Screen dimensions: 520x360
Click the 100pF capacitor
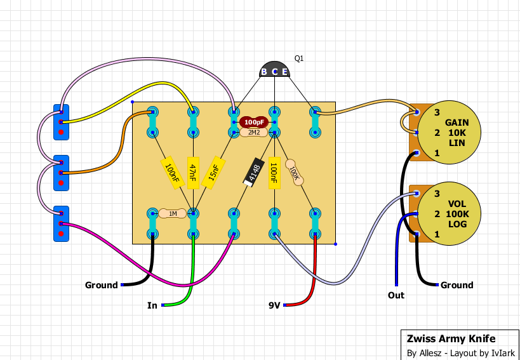pyautogui.click(x=254, y=123)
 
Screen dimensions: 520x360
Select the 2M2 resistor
pyautogui.click(x=254, y=133)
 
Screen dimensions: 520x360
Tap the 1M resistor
pyautogui.click(x=173, y=213)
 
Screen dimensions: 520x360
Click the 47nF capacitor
pyautogui.click(x=193, y=172)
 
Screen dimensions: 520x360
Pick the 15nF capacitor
pyautogui.click(x=213, y=173)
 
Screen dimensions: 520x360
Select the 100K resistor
pyautogui.click(x=294, y=172)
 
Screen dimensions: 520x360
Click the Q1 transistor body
pyautogui.click(x=274, y=69)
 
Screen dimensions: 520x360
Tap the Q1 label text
pyautogui.click(x=299, y=58)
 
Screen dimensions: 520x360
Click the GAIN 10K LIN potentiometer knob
pyautogui.click(x=449, y=133)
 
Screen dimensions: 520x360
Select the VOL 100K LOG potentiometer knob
pyautogui.click(x=449, y=214)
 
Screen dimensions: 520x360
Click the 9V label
pyautogui.click(x=274, y=305)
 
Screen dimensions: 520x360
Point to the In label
pyautogui.click(x=152, y=305)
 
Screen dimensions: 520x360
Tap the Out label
pyautogui.click(x=396, y=295)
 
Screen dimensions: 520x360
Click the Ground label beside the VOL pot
pyautogui.click(x=457, y=285)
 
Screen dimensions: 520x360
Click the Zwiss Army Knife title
pyautogui.click(x=451, y=338)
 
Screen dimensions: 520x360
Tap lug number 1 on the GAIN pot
pyautogui.click(x=417, y=153)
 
